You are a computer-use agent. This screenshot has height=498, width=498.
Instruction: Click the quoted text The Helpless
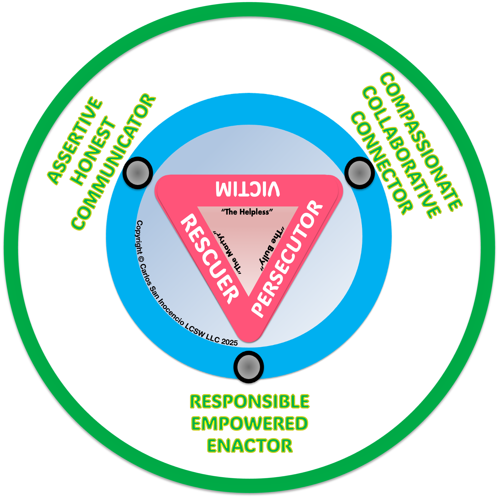pos(247,212)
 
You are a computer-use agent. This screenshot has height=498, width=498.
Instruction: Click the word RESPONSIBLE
pos(250,402)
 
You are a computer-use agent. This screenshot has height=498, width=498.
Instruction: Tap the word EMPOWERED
pos(250,423)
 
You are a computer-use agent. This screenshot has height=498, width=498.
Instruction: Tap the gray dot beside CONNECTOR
pos(359,173)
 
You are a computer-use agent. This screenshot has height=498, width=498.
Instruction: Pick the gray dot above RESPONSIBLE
pos(249,367)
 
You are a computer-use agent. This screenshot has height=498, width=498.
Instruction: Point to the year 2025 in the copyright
pos(229,342)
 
